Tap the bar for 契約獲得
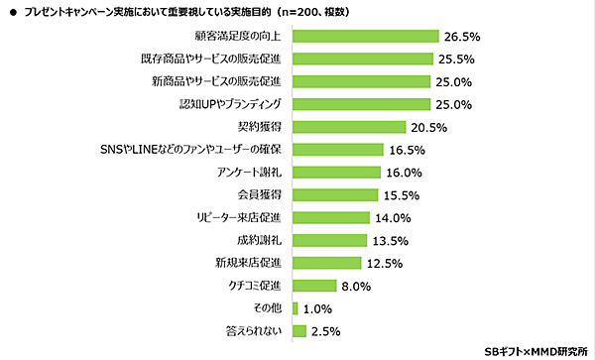tap(348, 127)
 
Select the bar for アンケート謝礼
tap(337, 172)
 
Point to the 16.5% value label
tap(409, 150)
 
